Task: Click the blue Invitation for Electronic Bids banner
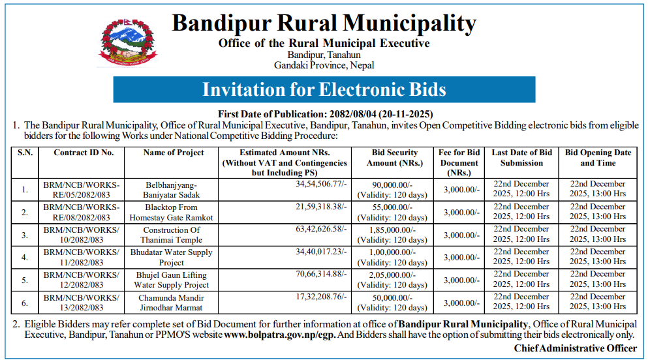(x=324, y=89)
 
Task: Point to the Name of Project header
(x=174, y=153)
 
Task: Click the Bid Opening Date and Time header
(x=598, y=158)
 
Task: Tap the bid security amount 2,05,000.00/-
(x=393, y=275)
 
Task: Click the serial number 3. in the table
(x=25, y=235)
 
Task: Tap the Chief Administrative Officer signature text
(x=575, y=348)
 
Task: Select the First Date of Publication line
(x=324, y=113)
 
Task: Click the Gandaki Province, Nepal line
(x=324, y=65)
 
